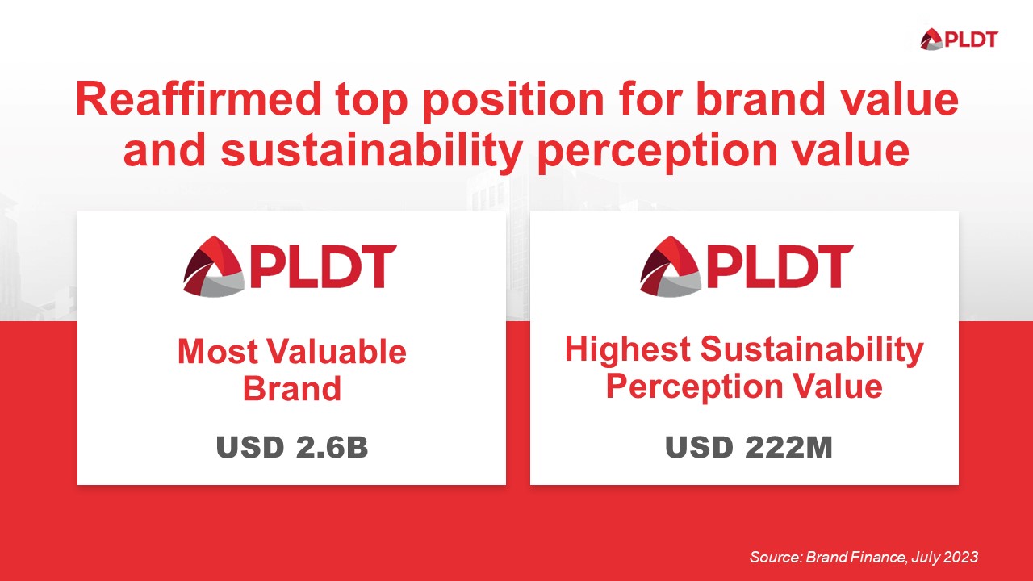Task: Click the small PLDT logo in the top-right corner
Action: click(x=959, y=38)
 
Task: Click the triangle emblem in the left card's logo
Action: click(x=213, y=265)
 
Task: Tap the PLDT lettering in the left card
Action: click(x=323, y=267)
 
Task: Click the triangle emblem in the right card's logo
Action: click(x=669, y=265)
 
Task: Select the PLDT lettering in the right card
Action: click(x=780, y=267)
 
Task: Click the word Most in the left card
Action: click(x=217, y=353)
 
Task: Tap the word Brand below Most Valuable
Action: click(x=291, y=389)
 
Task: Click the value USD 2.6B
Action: click(x=291, y=448)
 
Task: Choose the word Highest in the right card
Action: click(x=627, y=349)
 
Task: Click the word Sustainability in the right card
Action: click(x=811, y=349)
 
